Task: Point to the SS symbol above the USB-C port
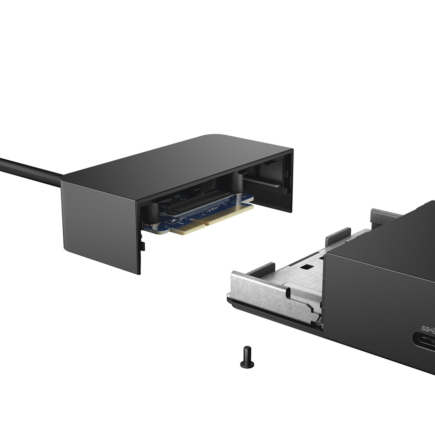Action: pos(427,328)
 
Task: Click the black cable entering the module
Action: pos(28,169)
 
